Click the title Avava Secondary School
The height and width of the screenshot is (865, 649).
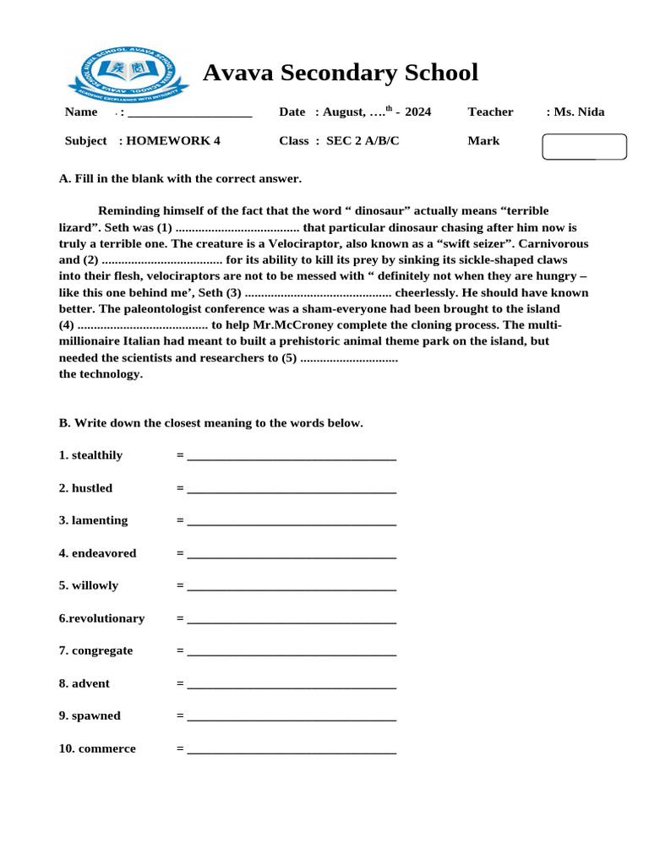tap(341, 73)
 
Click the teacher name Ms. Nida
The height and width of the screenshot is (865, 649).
tap(579, 112)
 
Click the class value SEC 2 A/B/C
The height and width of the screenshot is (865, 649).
tap(363, 141)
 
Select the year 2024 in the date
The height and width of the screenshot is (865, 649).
tap(417, 112)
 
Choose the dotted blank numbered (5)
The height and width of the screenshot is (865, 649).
tap(349, 358)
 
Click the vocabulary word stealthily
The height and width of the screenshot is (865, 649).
tap(97, 455)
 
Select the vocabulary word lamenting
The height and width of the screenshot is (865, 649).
tap(100, 520)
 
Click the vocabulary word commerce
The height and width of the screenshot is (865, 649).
tap(106, 749)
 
